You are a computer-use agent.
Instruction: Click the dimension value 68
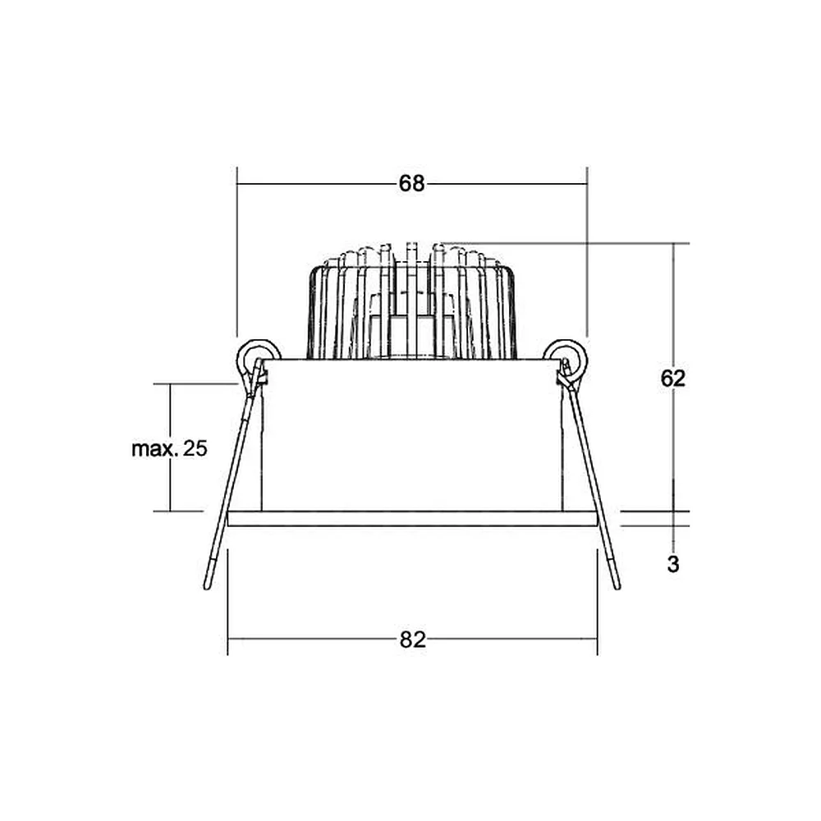411,184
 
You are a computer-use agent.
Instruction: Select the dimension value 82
413,640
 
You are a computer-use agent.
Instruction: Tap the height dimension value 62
673,378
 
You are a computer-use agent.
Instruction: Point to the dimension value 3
673,565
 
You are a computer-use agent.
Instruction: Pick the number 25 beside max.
195,449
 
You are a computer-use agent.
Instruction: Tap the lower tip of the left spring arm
207,588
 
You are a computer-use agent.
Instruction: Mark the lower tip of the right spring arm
617,588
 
